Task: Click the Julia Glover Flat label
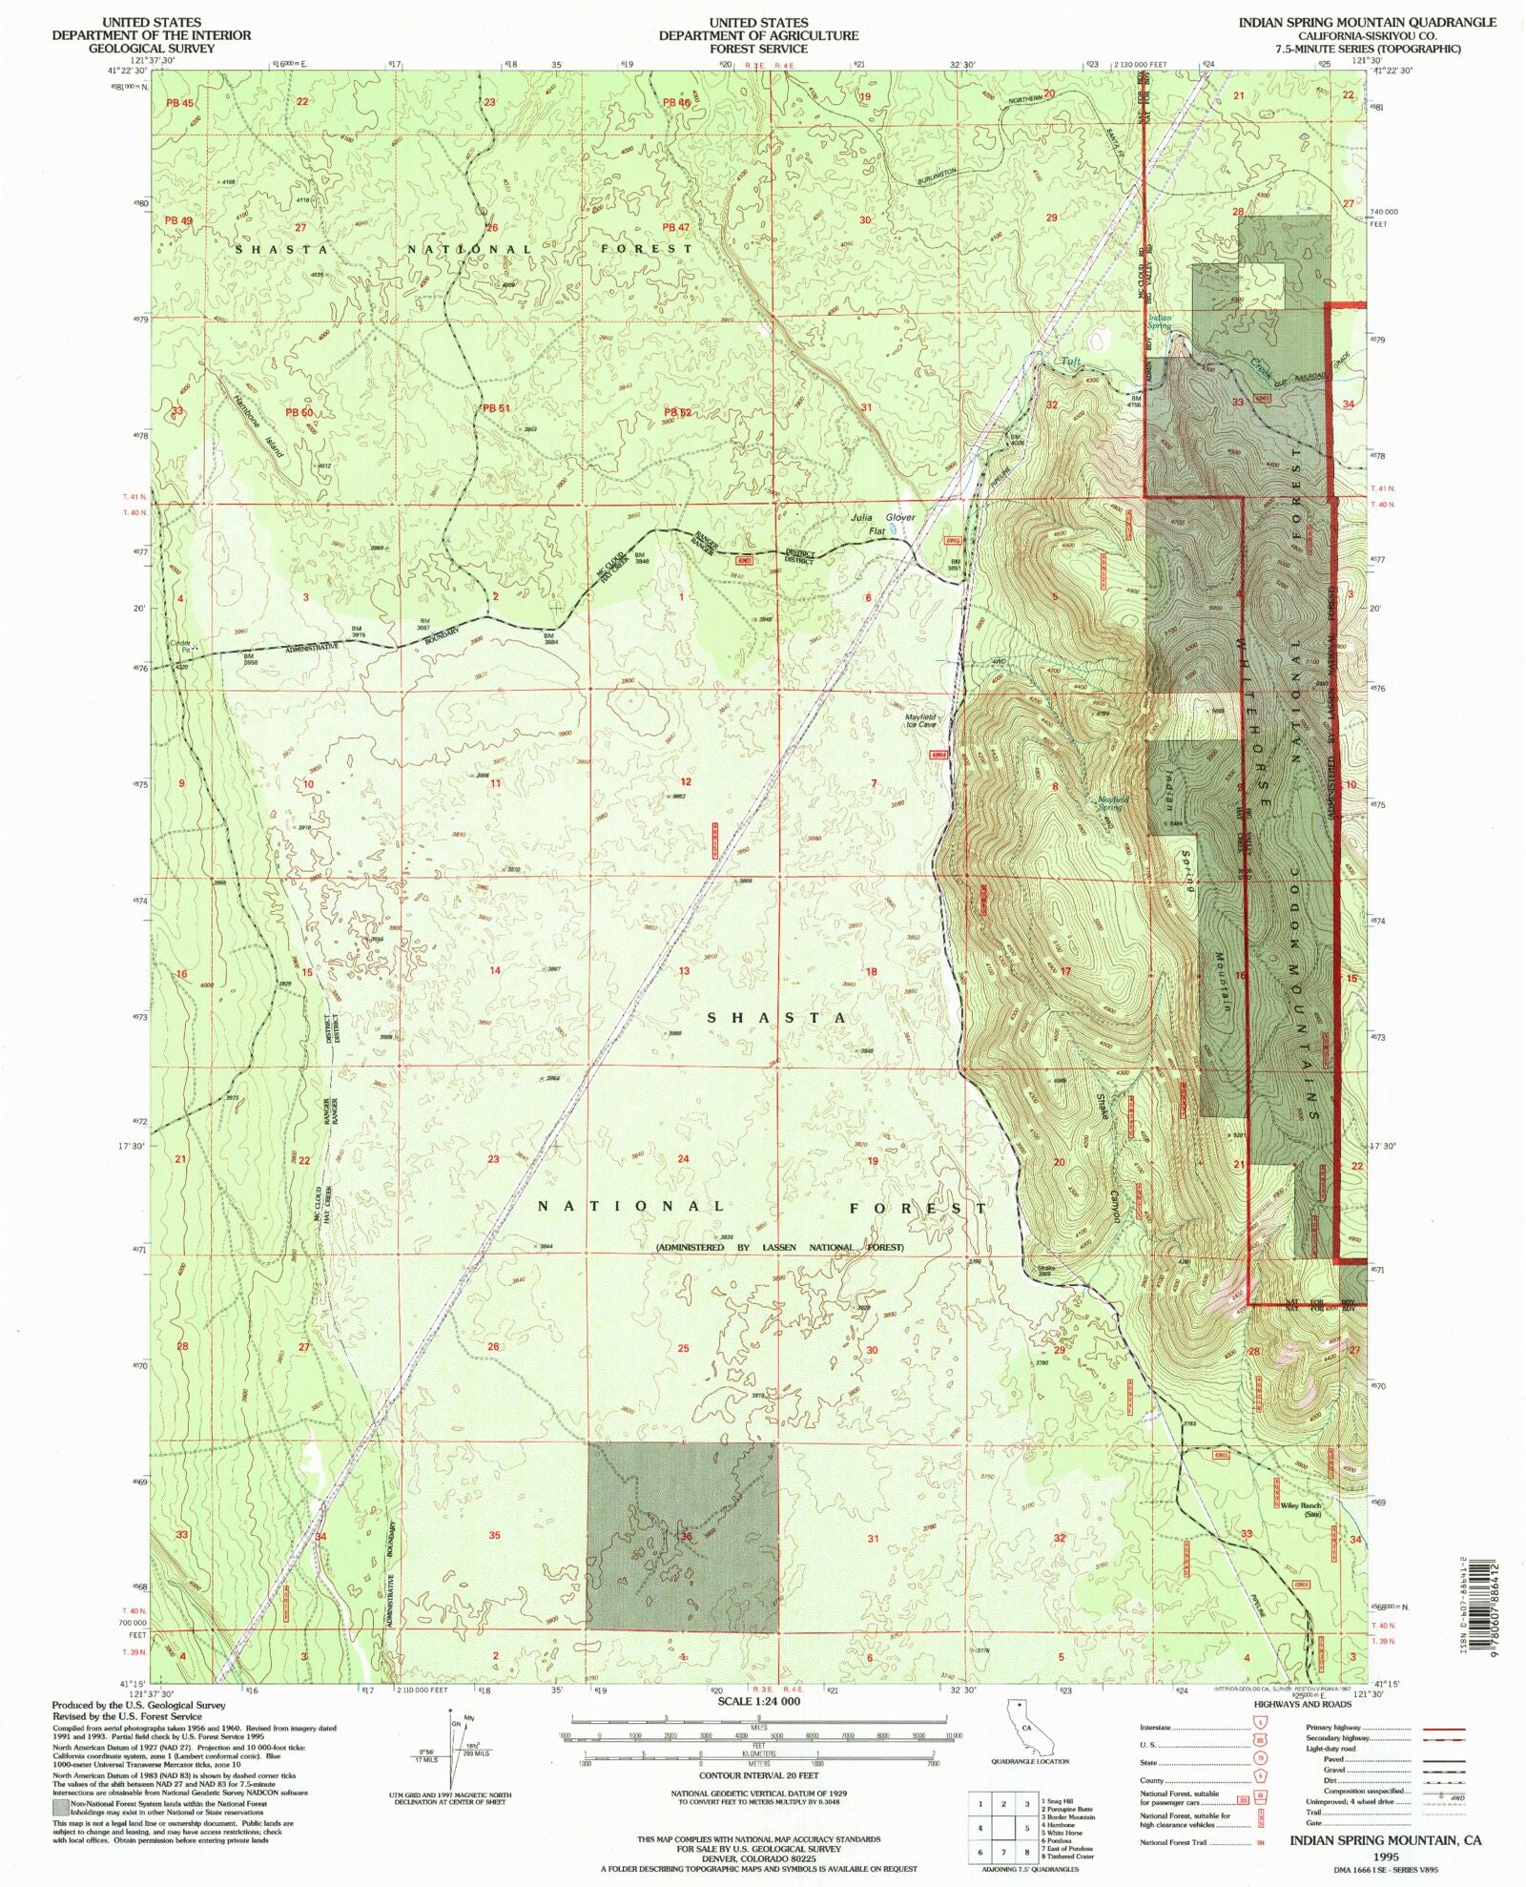tap(882, 524)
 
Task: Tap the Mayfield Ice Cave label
tap(920, 720)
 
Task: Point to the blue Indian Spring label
tap(1160, 321)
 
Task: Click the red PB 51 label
tap(496, 408)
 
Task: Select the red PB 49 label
tap(178, 220)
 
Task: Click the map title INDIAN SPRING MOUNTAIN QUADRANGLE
tap(1367, 22)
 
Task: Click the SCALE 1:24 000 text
tap(759, 1701)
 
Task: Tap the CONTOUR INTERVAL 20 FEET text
tap(758, 1776)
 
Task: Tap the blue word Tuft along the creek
tap(1071, 362)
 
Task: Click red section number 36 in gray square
tap(685, 1536)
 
